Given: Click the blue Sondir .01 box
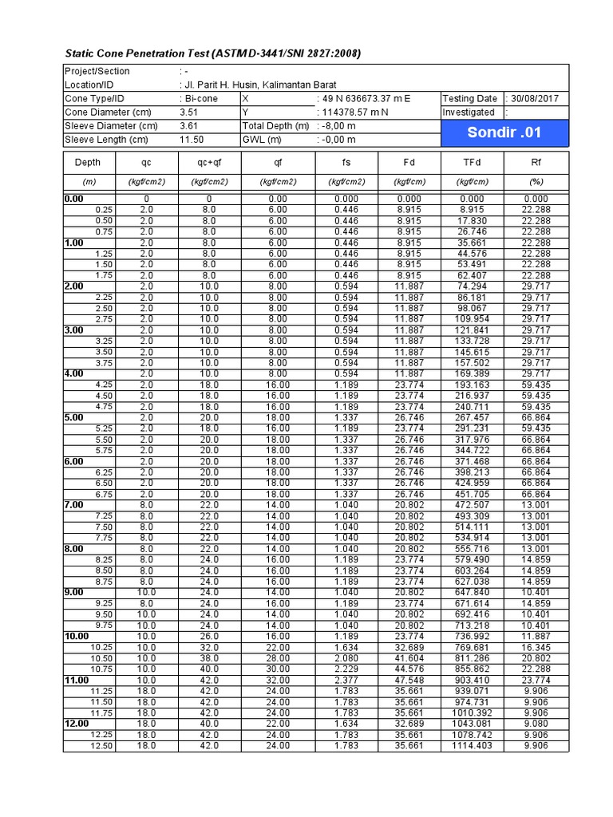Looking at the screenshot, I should tap(504, 132).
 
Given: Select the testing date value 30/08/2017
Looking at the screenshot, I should tap(535, 98).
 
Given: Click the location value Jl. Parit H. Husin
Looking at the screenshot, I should tap(258, 85).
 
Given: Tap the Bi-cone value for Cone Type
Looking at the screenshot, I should tap(200, 98).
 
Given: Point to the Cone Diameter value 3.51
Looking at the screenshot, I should tap(189, 112).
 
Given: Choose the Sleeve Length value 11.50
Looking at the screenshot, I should tap(192, 140).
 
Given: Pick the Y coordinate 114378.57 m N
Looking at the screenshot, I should tap(354, 112).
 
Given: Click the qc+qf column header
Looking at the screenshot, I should tap(209, 162).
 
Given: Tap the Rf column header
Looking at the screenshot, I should tap(536, 162).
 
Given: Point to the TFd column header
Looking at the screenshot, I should tap(472, 162).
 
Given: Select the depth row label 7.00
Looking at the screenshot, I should tap(74, 504).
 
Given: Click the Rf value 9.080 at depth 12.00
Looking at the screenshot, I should tap(535, 724).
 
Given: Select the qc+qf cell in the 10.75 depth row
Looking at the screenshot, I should tap(209, 669).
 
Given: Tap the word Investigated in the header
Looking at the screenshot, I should tap(469, 112).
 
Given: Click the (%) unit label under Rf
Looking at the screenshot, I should tap(536, 181).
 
